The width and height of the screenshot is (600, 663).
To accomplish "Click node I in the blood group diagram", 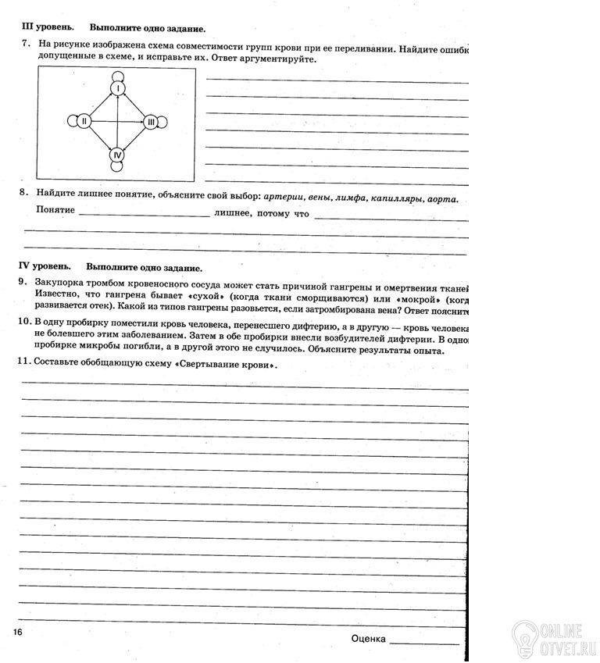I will [117, 89].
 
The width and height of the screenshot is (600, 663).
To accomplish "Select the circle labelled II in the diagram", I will [84, 121].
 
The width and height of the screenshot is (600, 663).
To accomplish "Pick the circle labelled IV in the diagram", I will [117, 155].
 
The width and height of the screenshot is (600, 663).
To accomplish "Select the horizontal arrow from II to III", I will [117, 121].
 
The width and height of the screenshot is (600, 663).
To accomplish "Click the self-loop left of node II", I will [72, 121].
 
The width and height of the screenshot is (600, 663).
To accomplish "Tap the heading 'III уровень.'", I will [49, 28].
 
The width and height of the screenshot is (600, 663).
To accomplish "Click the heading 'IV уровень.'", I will [48, 266].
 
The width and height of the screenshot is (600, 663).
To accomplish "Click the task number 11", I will [24, 362].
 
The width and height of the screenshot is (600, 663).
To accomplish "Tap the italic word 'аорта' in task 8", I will [442, 198].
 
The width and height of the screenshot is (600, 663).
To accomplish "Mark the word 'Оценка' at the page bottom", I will [369, 638].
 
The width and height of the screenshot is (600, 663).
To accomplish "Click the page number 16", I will [18, 629].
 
